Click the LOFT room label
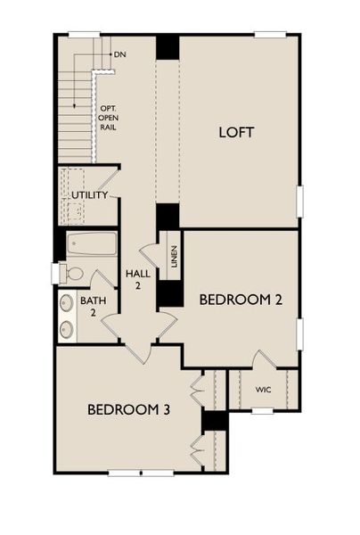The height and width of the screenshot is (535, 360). point(237,132)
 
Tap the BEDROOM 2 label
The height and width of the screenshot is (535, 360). point(241,300)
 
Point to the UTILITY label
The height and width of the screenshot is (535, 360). point(89,194)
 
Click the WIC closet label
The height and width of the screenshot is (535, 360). point(262,390)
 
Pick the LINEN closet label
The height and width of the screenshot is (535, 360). point(174,257)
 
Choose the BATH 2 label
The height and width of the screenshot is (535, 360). point(93,307)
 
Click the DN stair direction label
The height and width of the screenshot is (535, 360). point(120,55)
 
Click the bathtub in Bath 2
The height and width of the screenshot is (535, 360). point(93,243)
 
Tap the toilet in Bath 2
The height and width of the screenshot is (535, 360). point(71,274)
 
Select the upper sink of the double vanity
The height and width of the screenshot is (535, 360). point(67,303)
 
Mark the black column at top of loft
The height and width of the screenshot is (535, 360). point(168,47)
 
